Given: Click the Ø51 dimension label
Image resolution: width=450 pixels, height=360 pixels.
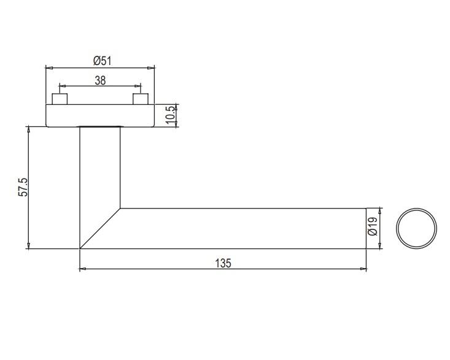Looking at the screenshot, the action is coord(102,61).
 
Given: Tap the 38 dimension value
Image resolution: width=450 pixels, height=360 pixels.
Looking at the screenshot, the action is coord(100,80).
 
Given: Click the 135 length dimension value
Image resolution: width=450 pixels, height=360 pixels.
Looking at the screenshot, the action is coord(223,263).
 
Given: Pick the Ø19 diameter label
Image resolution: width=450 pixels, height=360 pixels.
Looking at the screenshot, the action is coord(372,226).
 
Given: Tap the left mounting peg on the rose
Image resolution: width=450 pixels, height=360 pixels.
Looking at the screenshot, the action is coord(60,99).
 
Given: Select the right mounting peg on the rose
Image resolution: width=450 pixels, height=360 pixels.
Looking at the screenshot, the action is coord(141,99).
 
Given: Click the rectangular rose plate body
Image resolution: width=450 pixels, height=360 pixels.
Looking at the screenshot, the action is coord(100,115).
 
